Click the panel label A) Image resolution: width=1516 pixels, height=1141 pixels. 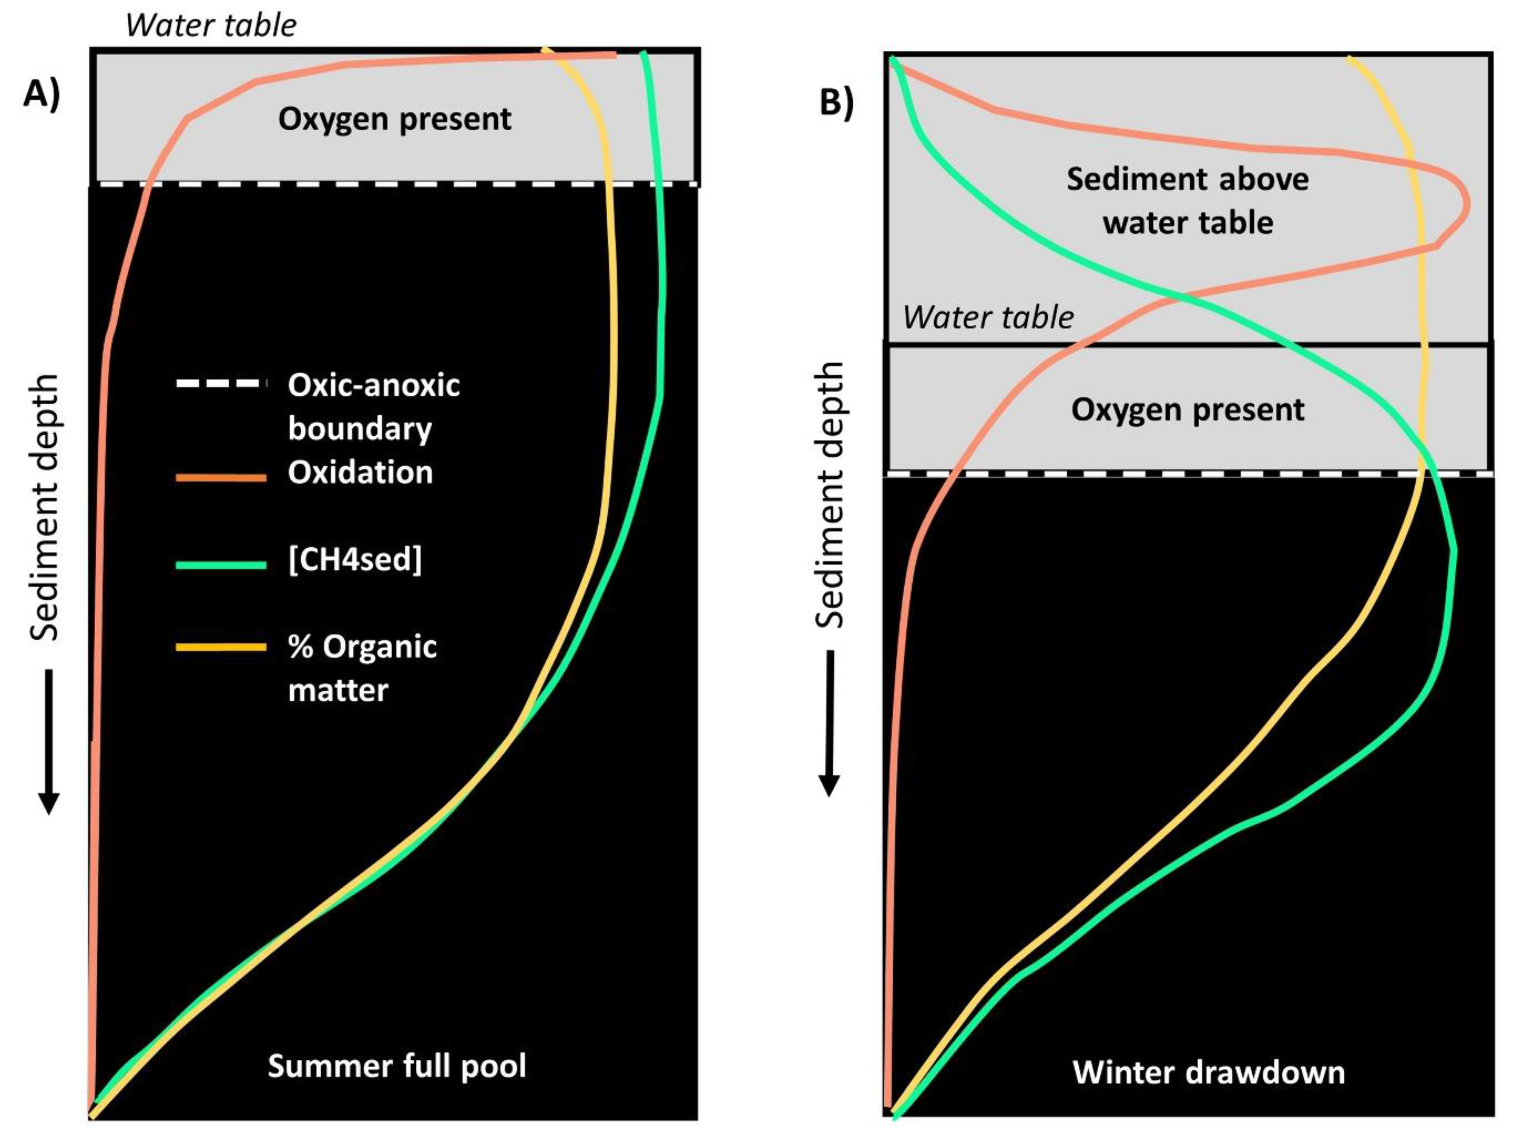click(42, 94)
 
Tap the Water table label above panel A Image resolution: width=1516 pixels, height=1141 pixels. click(211, 26)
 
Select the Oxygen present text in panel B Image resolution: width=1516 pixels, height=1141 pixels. click(1188, 410)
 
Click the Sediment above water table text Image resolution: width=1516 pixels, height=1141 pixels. click(1188, 201)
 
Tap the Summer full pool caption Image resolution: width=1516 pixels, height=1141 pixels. click(397, 1066)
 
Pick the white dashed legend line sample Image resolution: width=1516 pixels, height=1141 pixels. click(220, 384)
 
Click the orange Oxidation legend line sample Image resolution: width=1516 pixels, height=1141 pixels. click(220, 477)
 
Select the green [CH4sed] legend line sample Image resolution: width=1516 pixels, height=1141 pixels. click(220, 565)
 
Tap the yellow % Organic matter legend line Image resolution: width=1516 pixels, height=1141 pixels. click(220, 647)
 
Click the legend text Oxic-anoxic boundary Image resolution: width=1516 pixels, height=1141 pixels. click(374, 406)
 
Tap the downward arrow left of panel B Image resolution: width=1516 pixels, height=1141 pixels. click(829, 723)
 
